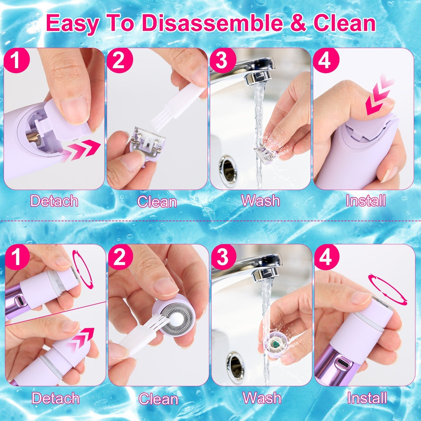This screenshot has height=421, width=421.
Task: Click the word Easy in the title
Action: tap(74, 24)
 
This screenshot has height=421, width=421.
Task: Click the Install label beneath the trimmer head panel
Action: tap(365, 201)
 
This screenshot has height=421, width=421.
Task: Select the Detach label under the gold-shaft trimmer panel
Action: tap(54, 201)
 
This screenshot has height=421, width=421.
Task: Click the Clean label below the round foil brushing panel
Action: tap(158, 399)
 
